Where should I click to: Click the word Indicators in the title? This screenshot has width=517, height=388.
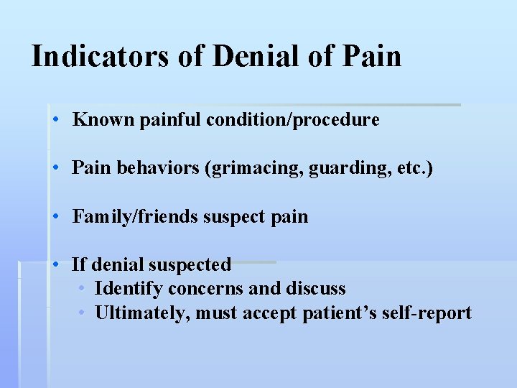pos(101,56)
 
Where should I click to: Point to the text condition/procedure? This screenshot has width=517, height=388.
pos(292,121)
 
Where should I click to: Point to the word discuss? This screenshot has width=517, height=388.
pos(315,290)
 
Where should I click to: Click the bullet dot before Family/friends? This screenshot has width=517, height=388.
pos(56,217)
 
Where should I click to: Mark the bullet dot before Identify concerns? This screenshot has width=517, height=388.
pos(83,289)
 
